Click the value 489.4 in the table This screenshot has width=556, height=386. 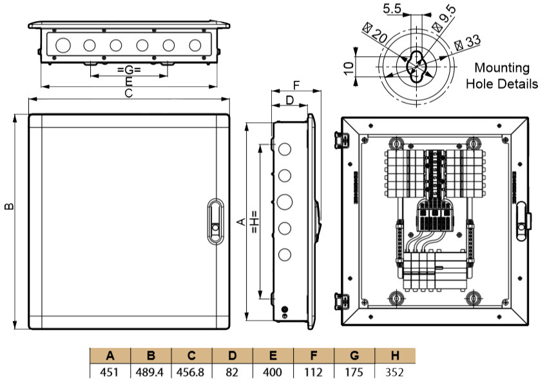click(x=151, y=372)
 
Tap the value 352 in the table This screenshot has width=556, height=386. click(x=394, y=372)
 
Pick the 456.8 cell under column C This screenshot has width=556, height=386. click(x=192, y=372)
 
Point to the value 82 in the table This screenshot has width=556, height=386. click(x=233, y=372)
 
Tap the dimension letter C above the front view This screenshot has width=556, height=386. click(x=128, y=94)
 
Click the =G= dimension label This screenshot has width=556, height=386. click(x=129, y=69)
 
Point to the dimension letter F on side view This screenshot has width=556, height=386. click(x=296, y=85)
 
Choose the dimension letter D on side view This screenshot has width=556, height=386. click(x=289, y=100)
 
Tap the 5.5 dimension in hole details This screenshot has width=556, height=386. click(x=392, y=8)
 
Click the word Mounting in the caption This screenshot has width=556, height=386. click(x=501, y=68)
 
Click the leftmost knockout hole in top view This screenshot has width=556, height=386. click(x=62, y=45)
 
